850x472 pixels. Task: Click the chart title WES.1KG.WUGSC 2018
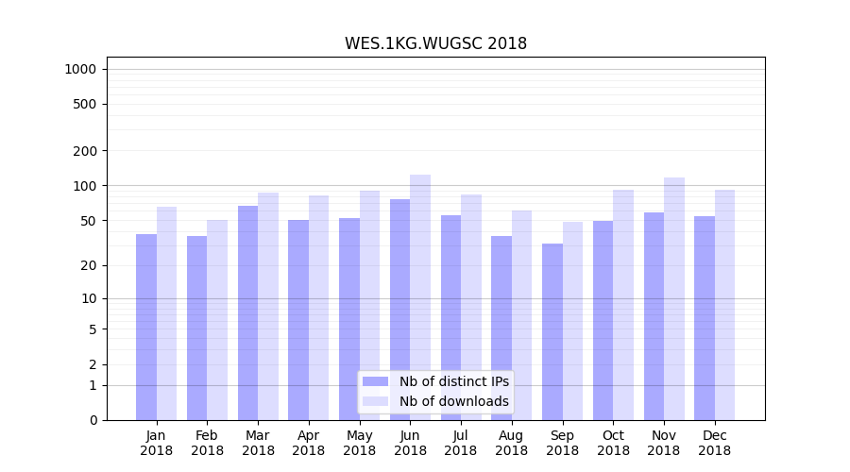click(x=435, y=44)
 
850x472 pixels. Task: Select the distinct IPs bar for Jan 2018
click(x=146, y=327)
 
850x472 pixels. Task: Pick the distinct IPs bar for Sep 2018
click(x=552, y=331)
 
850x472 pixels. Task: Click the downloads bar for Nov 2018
click(x=673, y=298)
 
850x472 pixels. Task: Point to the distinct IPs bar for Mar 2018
click(x=247, y=312)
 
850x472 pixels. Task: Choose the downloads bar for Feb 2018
click(x=217, y=320)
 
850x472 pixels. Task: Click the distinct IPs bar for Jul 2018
click(x=451, y=317)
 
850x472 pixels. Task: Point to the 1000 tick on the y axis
click(x=80, y=69)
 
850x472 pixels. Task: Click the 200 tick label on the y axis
click(x=86, y=151)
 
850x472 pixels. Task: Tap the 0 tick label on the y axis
click(x=93, y=420)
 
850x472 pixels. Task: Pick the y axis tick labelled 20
click(x=89, y=265)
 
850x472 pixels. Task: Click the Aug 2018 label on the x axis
click(x=512, y=443)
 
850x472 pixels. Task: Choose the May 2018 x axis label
click(x=360, y=443)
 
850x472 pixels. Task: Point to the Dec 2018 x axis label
click(x=715, y=443)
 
